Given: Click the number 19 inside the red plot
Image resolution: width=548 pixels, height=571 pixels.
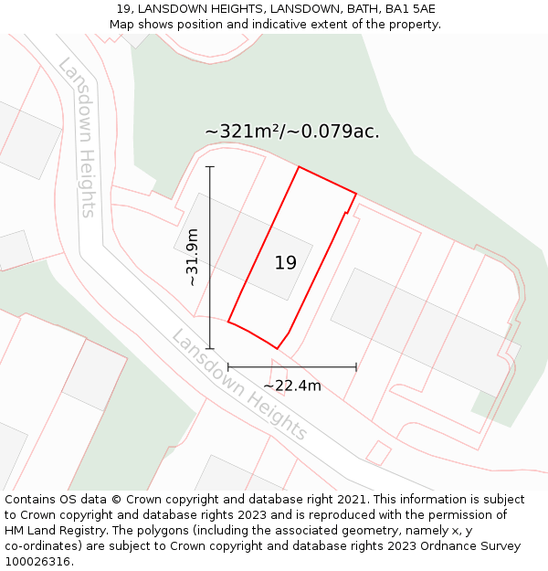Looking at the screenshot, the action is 285,263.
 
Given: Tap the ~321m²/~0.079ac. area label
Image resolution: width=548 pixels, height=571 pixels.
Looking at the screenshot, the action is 292,132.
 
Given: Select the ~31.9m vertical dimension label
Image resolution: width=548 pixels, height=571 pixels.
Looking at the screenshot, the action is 193,258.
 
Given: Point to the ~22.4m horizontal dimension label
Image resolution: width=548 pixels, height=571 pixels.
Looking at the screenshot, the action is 292,386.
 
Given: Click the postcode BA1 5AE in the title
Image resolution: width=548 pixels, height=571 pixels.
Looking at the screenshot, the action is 410,9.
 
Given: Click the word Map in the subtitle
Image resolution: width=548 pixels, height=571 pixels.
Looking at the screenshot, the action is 122,25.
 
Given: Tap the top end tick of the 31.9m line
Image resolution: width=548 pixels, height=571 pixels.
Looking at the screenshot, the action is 210,167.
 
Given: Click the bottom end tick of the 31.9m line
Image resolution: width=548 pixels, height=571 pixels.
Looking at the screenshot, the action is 210,348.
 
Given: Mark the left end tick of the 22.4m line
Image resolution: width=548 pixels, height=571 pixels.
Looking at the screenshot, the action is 228,367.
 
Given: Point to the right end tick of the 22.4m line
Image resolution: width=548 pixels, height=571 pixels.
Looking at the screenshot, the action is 356,367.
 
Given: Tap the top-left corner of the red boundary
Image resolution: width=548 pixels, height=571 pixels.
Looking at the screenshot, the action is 299,167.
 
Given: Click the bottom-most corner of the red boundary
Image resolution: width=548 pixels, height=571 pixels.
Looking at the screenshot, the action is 277,348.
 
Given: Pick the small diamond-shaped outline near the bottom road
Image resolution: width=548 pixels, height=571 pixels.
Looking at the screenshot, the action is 378,452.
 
